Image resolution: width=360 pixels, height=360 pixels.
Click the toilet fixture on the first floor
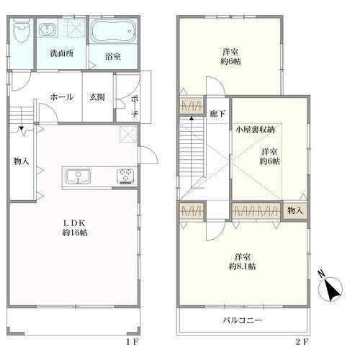[x=21, y=31]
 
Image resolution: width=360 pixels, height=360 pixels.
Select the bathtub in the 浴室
[x=113, y=32]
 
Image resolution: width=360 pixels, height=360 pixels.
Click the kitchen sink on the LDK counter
[x=78, y=177]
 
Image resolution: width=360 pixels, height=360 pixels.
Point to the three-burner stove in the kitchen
[x=125, y=176]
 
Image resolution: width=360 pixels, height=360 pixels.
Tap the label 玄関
[x=97, y=97]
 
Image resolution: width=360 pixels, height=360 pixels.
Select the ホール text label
[x=62, y=97]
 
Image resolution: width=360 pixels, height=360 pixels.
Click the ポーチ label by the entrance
[x=135, y=107]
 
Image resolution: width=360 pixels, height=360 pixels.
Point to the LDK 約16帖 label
[x=75, y=228]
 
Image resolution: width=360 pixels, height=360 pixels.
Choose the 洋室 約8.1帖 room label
[x=243, y=261]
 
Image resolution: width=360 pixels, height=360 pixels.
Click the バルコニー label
[x=242, y=320]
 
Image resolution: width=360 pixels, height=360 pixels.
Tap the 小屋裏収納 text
[x=255, y=130]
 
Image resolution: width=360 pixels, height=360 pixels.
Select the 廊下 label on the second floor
[x=217, y=114]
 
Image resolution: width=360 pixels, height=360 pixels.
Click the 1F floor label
[x=132, y=342]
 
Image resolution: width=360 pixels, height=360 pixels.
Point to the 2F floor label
[x=302, y=342]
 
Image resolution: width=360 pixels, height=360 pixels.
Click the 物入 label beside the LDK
[x=21, y=161]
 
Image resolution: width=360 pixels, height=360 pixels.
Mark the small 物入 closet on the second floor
[x=295, y=211]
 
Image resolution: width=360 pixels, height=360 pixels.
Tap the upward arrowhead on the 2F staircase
[x=192, y=118]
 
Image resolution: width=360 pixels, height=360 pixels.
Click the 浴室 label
[x=113, y=56]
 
